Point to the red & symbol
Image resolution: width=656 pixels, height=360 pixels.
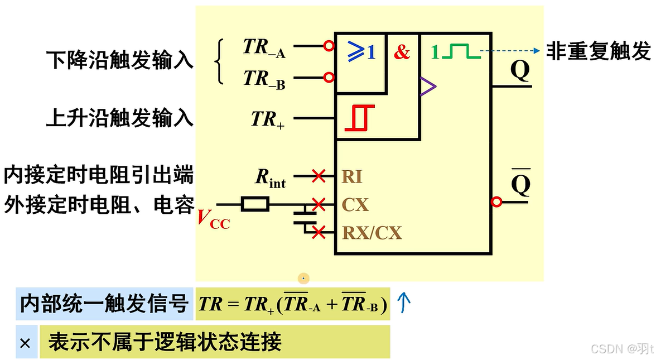(x=402, y=52)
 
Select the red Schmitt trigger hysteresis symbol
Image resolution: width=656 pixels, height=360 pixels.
(x=360, y=118)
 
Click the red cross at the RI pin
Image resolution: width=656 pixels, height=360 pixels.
(x=319, y=176)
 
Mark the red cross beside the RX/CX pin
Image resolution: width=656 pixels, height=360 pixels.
(x=319, y=232)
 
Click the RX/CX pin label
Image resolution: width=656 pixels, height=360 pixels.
(x=372, y=232)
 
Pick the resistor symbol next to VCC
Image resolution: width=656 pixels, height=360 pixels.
(x=255, y=204)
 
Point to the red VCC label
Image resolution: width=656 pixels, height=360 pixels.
(x=213, y=218)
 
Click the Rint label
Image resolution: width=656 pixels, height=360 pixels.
(x=271, y=177)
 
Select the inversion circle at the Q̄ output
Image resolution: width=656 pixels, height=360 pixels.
(x=496, y=202)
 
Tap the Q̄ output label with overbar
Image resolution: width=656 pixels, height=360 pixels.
(x=520, y=183)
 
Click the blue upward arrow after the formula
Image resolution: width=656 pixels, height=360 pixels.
(x=404, y=303)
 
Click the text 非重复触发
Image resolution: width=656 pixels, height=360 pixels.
(x=598, y=51)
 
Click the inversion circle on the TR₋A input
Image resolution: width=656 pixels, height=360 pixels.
(x=329, y=46)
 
